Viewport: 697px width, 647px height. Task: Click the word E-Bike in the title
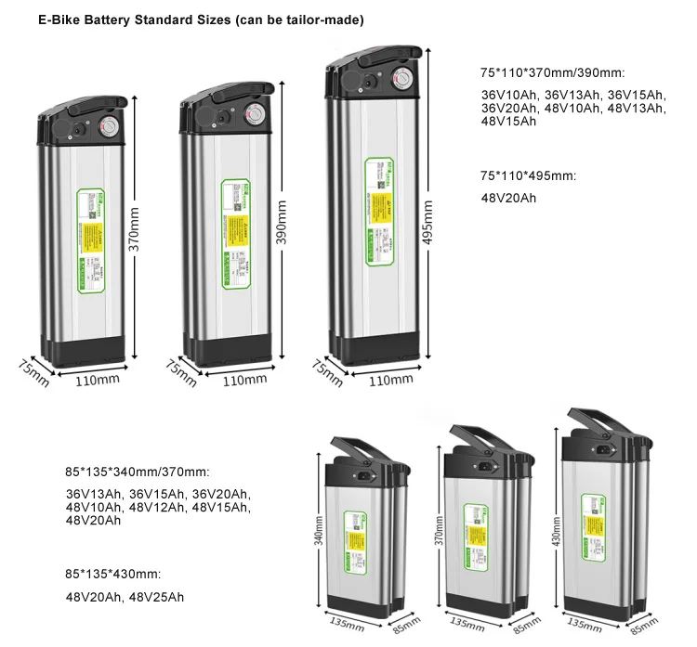pos(59,19)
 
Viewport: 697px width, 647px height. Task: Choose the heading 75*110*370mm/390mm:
pos(552,72)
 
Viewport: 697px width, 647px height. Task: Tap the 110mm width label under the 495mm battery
pos(391,379)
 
